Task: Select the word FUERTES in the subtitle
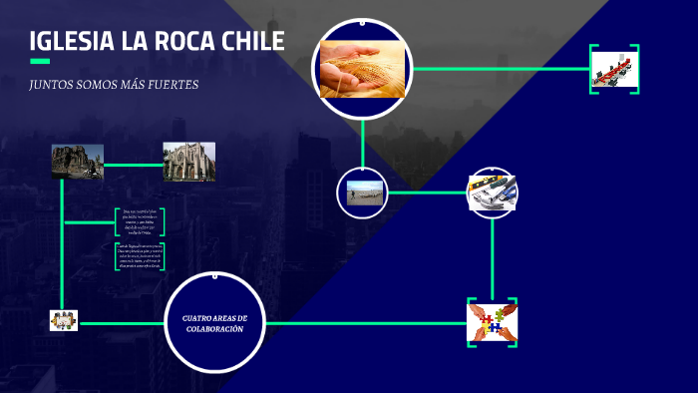pyautogui.click(x=175, y=85)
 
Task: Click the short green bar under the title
pyautogui.click(x=40, y=62)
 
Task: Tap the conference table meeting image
pyautogui.click(x=614, y=69)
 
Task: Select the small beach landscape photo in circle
pyautogui.click(x=365, y=193)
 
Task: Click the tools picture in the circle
pyautogui.click(x=492, y=193)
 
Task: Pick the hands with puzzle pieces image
pyautogui.click(x=492, y=322)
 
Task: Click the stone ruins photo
pyautogui.click(x=78, y=162)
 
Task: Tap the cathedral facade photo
pyautogui.click(x=189, y=162)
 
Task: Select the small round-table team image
pyautogui.click(x=63, y=320)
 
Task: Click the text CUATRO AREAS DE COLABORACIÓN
pyautogui.click(x=213, y=322)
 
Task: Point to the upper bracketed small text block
pyautogui.click(x=141, y=221)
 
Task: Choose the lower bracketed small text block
pyautogui.click(x=140, y=256)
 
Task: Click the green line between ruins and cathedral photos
pyautogui.click(x=134, y=164)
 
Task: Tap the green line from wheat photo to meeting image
pyautogui.click(x=499, y=69)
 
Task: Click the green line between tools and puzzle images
pyautogui.click(x=493, y=254)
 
